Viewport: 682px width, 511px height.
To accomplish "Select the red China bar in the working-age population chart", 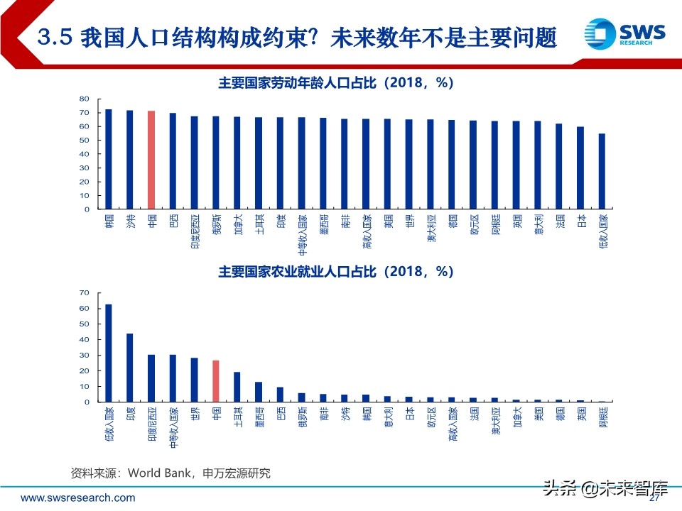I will [151, 160].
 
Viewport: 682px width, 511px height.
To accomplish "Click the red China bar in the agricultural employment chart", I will [216, 381].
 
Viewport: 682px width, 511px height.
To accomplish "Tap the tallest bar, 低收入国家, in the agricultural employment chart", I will [109, 353].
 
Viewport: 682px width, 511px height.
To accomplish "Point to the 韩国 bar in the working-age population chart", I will [109, 159].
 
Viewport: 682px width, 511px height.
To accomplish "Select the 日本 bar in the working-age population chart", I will [580, 167].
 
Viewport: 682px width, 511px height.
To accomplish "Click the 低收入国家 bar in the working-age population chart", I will [602, 171].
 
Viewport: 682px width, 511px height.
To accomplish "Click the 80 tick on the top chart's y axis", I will [85, 99].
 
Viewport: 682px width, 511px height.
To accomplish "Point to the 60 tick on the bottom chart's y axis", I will [85, 309].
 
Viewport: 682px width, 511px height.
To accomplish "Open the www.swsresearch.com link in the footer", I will [77, 498].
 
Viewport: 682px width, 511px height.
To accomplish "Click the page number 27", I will [655, 498].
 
